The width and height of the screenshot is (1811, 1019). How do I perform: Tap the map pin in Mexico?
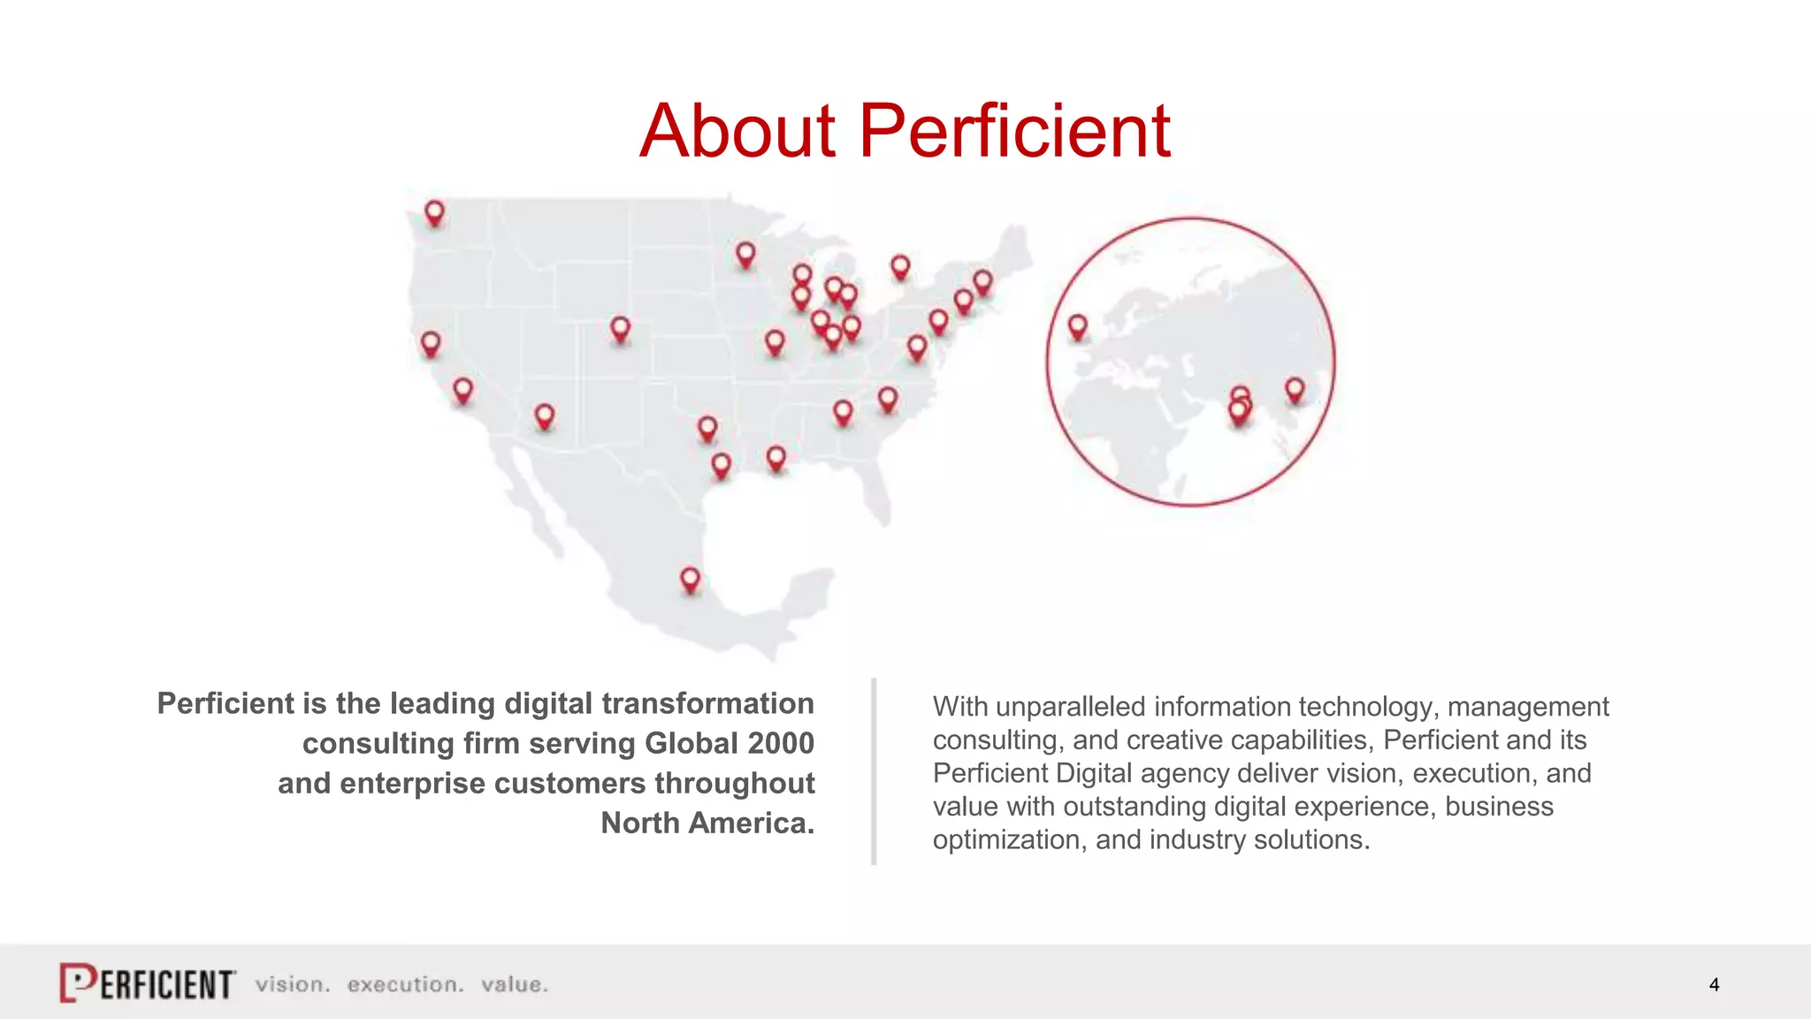[690, 580]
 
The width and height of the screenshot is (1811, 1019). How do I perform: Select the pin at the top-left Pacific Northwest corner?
[434, 213]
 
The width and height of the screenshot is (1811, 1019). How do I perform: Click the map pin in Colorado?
[621, 330]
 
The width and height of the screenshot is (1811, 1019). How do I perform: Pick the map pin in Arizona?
[545, 416]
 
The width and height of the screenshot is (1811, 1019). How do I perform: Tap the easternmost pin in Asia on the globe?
[1295, 389]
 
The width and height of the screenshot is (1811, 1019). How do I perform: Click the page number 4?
[1714, 985]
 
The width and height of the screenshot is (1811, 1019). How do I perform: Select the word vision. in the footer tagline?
[293, 985]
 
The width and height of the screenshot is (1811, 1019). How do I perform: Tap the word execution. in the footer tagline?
[405, 985]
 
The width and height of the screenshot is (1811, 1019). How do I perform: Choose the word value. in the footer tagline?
[515, 985]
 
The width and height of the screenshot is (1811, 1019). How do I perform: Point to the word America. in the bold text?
[752, 823]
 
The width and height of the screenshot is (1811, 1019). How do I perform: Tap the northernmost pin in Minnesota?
[745, 255]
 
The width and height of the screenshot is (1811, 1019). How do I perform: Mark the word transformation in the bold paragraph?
[707, 703]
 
